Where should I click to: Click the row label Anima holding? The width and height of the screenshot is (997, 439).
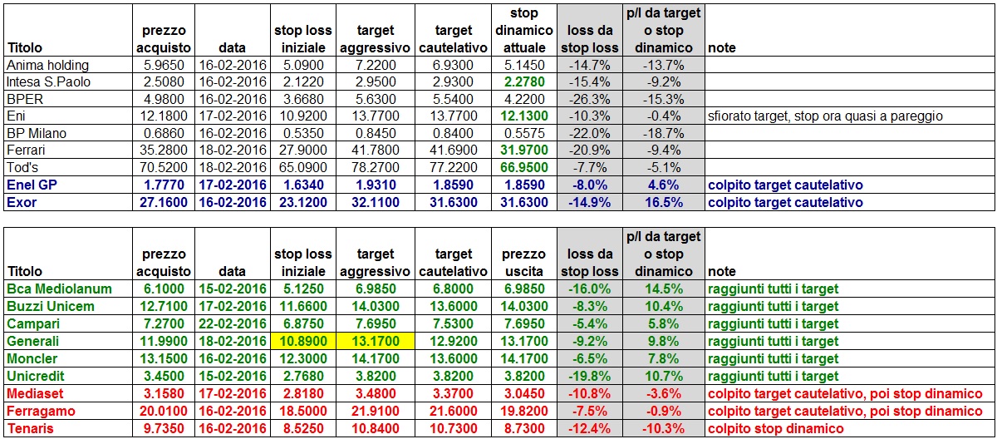click(x=47, y=64)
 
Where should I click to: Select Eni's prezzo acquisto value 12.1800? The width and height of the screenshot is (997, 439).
click(x=165, y=116)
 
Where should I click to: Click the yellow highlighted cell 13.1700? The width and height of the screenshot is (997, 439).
click(x=373, y=341)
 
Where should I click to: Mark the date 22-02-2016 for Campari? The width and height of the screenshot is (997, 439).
click(x=232, y=323)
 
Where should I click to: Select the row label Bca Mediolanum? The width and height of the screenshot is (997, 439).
click(x=59, y=289)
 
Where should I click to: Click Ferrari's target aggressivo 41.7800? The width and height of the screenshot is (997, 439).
click(x=373, y=151)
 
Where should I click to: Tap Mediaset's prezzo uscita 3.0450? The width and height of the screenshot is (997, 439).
click(x=523, y=394)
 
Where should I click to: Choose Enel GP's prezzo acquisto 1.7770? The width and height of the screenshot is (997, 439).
click(x=165, y=185)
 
